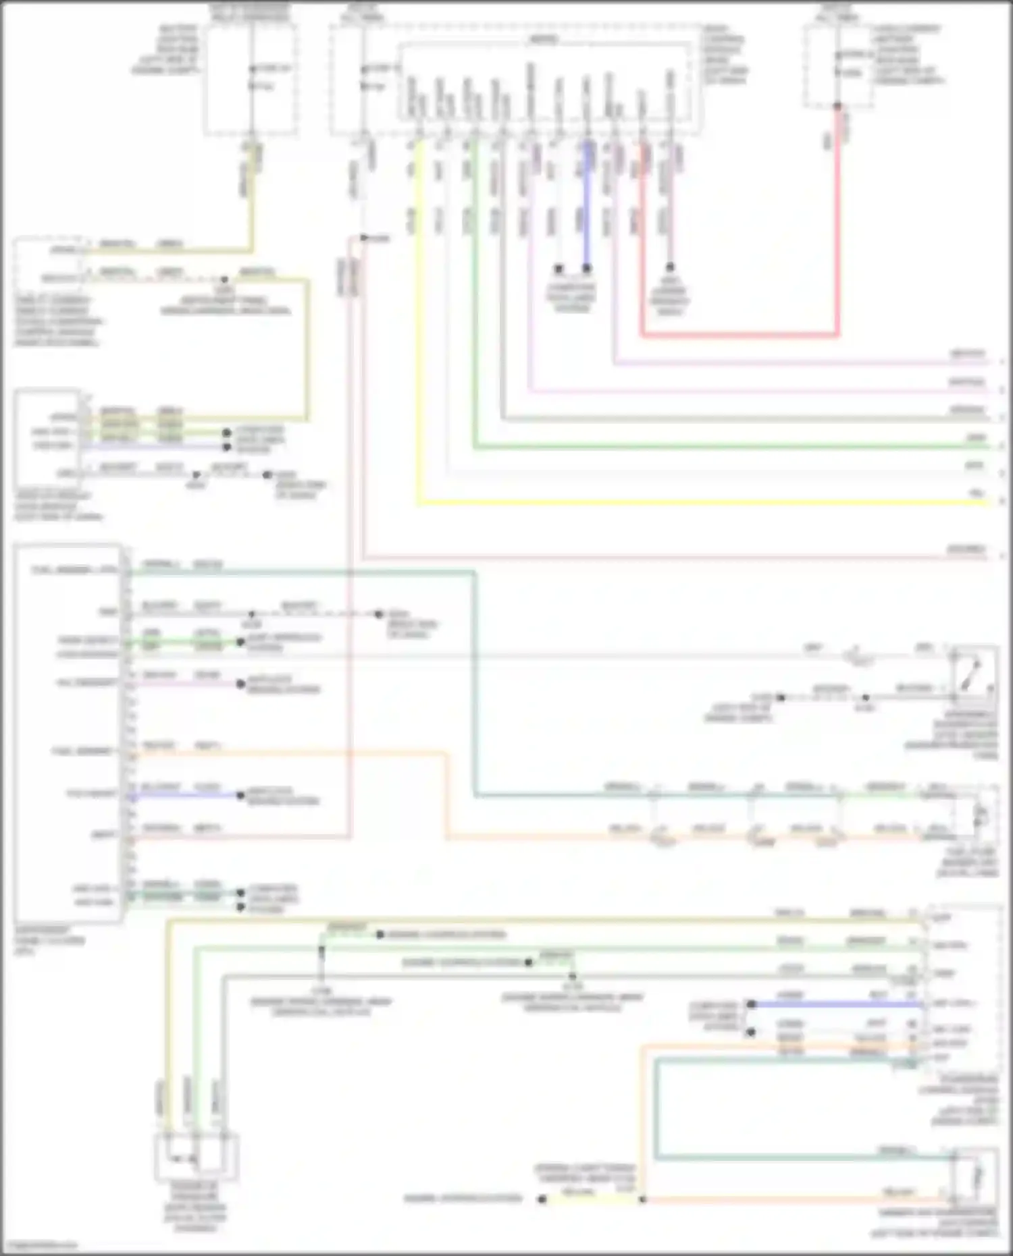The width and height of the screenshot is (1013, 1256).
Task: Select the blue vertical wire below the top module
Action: pos(587,202)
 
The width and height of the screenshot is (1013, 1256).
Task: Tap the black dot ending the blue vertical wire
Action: pos(587,269)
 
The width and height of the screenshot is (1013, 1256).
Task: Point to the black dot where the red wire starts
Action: pos(837,106)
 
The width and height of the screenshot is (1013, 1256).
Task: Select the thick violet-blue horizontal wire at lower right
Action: pos(837,1004)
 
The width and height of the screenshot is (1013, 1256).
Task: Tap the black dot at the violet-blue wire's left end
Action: pos(751,1004)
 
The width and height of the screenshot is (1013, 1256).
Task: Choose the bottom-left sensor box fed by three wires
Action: pos(197,1157)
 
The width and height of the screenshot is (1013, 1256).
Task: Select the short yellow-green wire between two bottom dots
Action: pos(592,1199)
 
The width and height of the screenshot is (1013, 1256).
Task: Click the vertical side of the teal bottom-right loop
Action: pos(656,1107)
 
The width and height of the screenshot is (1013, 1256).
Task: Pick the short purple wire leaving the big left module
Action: pos(182,684)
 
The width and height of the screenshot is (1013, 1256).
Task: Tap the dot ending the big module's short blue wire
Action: pos(240,796)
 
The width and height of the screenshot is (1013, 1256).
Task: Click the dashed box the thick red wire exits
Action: pos(837,66)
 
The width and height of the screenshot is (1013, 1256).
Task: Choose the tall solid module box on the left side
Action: pos(68,732)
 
